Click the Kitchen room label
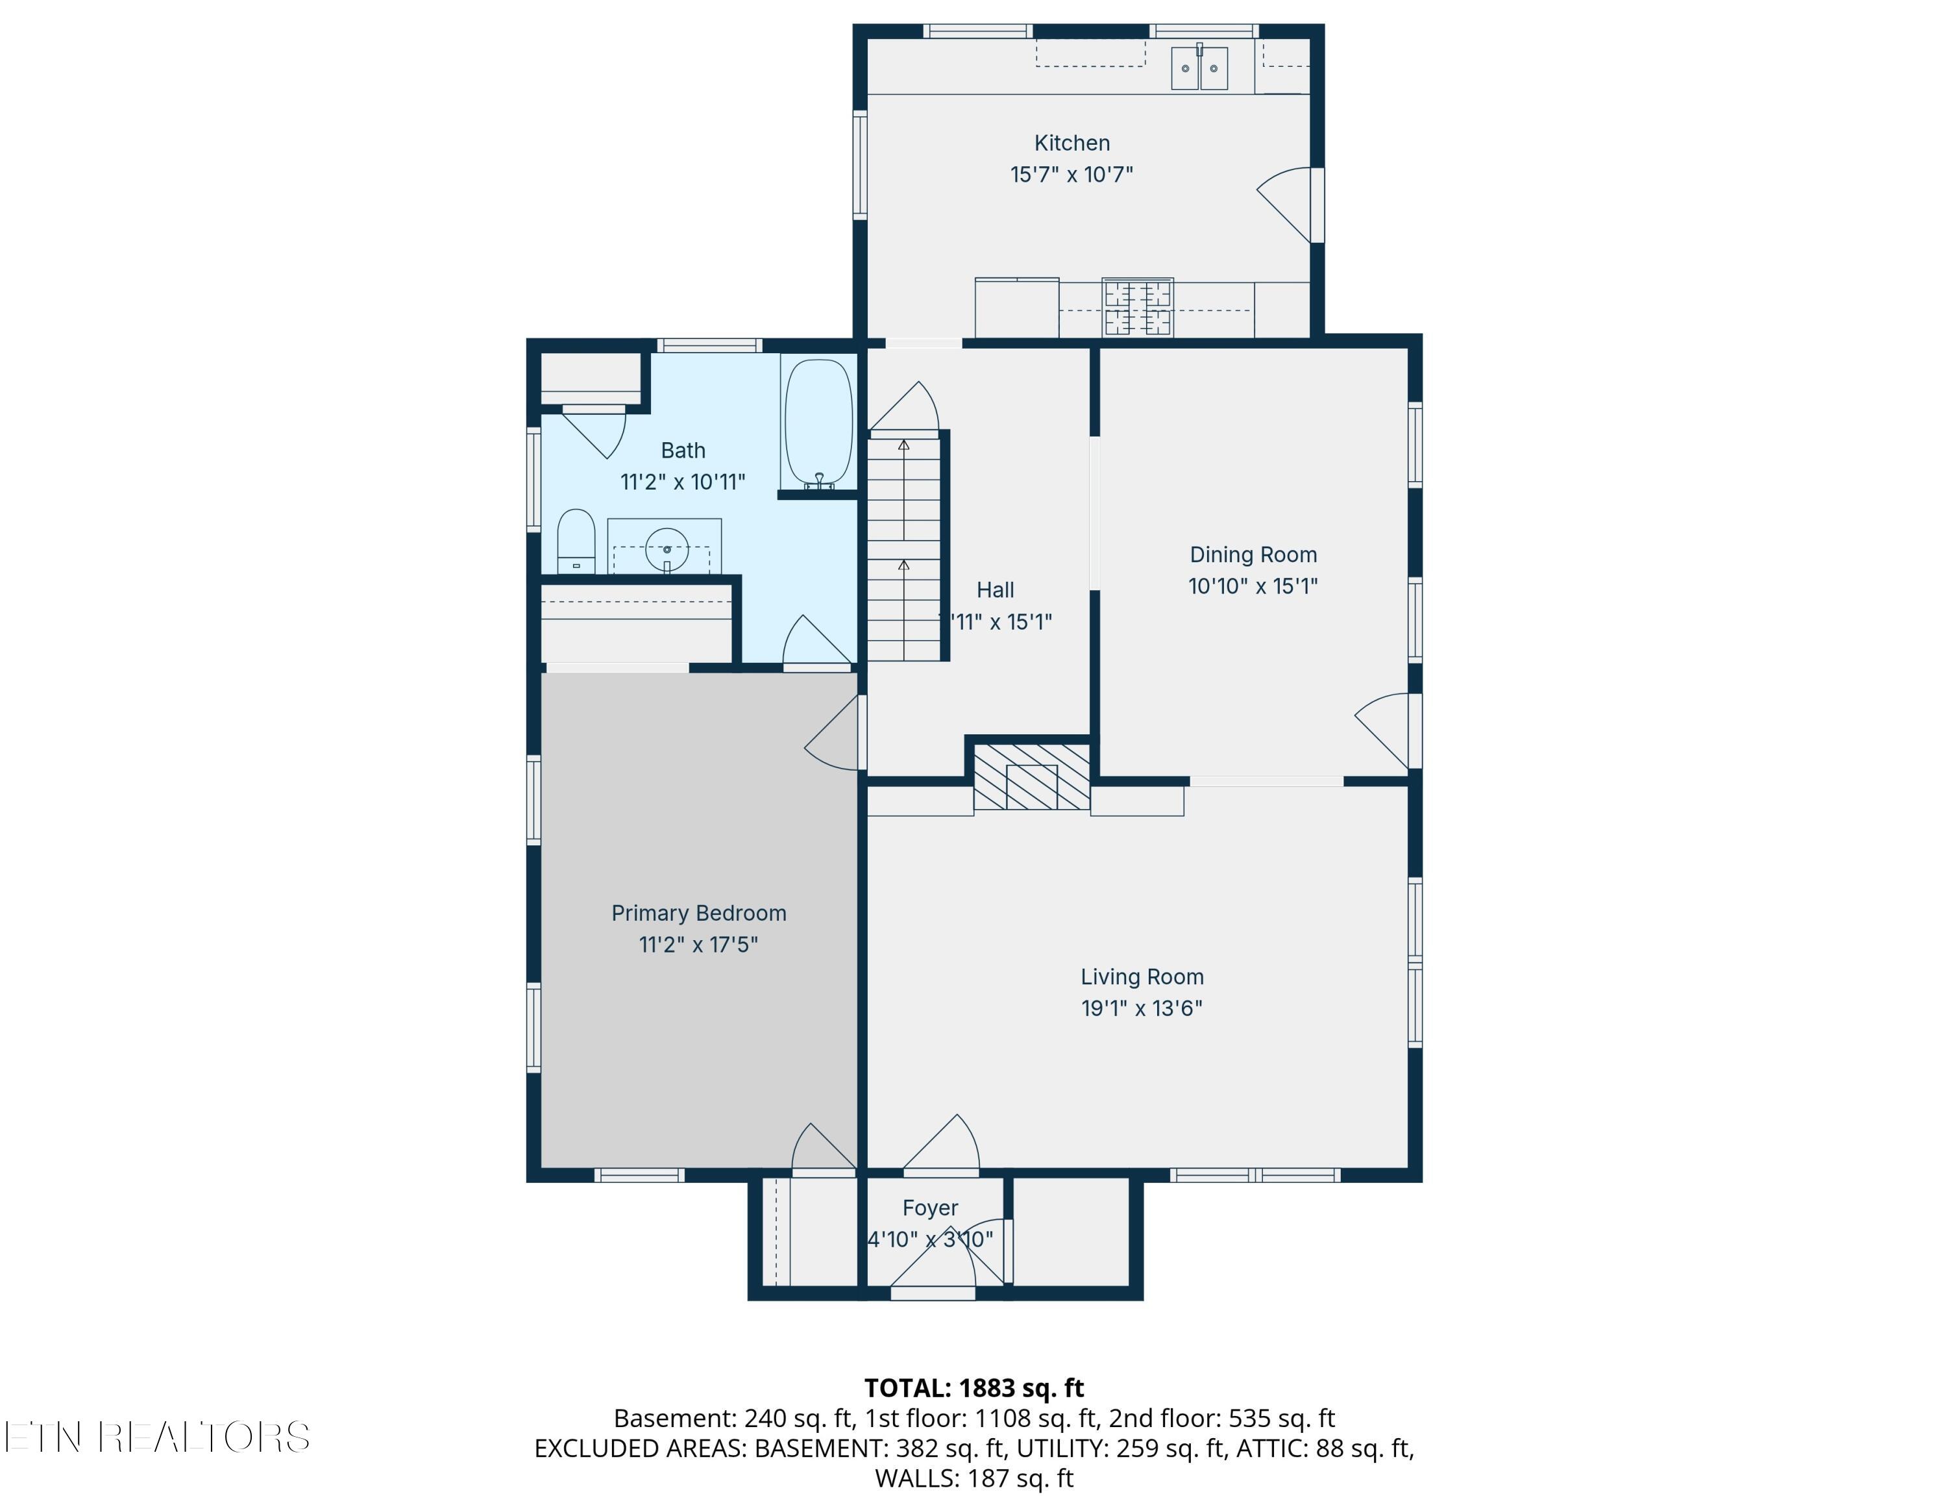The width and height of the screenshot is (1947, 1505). (1071, 143)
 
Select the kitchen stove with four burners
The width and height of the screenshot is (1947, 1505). (1138, 308)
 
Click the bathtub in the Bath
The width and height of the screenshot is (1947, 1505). (818, 423)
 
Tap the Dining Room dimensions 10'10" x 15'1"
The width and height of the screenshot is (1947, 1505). (1253, 586)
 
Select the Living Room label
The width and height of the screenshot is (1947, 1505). (1142, 977)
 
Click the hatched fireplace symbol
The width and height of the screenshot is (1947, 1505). (1031, 777)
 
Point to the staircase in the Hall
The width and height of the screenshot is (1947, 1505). (905, 545)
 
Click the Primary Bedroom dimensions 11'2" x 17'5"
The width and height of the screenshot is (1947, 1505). (698, 944)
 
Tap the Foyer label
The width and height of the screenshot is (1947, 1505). (930, 1208)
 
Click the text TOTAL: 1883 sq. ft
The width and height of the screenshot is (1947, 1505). (973, 1388)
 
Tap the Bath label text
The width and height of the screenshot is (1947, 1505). (683, 450)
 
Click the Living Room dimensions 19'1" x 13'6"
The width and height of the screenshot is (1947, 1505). (1142, 1008)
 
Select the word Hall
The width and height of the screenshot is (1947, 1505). (995, 590)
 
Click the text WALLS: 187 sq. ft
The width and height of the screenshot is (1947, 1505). (973, 1479)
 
